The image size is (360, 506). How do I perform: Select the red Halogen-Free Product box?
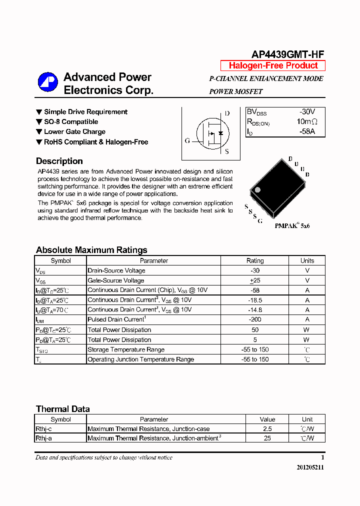pyautogui.click(x=273, y=65)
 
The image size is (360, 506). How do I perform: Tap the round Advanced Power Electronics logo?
pyautogui.click(x=48, y=82)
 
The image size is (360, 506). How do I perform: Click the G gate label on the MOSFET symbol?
pyautogui.click(x=187, y=141)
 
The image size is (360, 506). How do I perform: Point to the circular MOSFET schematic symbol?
pyautogui.click(x=212, y=133)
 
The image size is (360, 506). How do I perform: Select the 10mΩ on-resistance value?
pyautogui.click(x=307, y=122)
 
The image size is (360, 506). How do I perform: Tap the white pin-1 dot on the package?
pyautogui.click(x=257, y=190)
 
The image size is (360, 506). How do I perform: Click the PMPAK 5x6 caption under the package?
pyautogui.click(x=292, y=226)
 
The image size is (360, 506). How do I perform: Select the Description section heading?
pyautogui.click(x=59, y=161)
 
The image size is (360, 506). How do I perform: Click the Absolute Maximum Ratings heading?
pyautogui.click(x=91, y=250)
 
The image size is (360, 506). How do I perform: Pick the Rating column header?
pyautogui.click(x=255, y=260)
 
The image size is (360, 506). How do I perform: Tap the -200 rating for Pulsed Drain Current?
pyautogui.click(x=255, y=319)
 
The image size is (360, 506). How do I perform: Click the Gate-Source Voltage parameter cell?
pyautogui.click(x=116, y=280)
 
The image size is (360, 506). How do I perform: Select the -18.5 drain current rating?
pyautogui.click(x=255, y=300)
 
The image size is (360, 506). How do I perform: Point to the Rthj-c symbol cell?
pyautogui.click(x=43, y=429)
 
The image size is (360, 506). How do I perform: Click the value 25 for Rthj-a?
pyautogui.click(x=267, y=438)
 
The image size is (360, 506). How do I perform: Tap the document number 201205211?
pyautogui.click(x=310, y=467)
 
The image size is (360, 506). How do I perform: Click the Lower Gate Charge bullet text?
pyautogui.click(x=74, y=132)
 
